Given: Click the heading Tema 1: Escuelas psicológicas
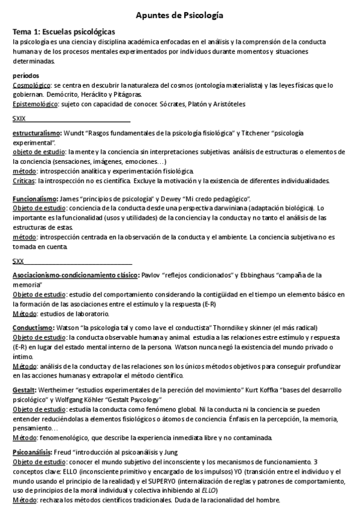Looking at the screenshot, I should pos(64,31).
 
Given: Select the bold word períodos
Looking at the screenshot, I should pos(26,76).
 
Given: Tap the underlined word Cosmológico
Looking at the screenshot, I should pos(31,85).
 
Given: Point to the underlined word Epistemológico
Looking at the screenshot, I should pos(35,104).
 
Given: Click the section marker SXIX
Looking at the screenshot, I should pos(19,118).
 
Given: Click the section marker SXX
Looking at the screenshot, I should pos(19,261).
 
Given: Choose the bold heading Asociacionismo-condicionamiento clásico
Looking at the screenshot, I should pos(76,276).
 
